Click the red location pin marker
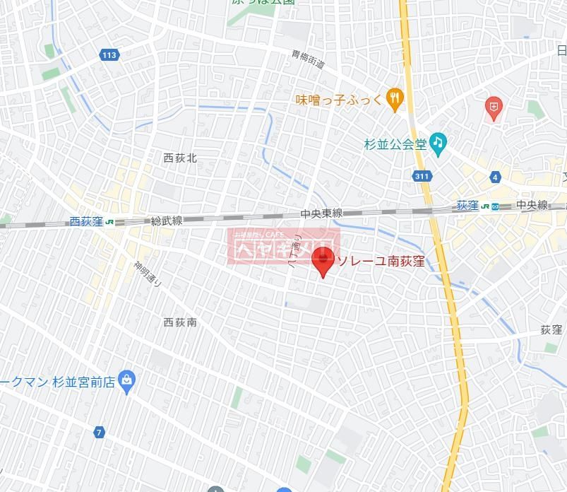pos(323,261)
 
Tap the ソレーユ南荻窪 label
pos(381,262)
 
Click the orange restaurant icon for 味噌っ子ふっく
pos(395,100)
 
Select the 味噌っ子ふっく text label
pos(339,100)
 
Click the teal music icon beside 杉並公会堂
pos(438,143)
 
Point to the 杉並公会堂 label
pos(395,144)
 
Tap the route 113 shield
pos(109,55)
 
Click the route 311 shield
pos(422,176)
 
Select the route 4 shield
pos(496,177)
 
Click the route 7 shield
pos(100,432)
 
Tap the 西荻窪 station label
pos(86,221)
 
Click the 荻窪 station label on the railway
pos(467,206)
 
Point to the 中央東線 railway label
pos(321,213)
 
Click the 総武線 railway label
pos(167,221)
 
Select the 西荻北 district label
pos(180,158)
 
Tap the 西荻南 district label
pos(180,322)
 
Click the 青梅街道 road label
pos(309,59)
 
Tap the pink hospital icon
pos(494,107)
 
